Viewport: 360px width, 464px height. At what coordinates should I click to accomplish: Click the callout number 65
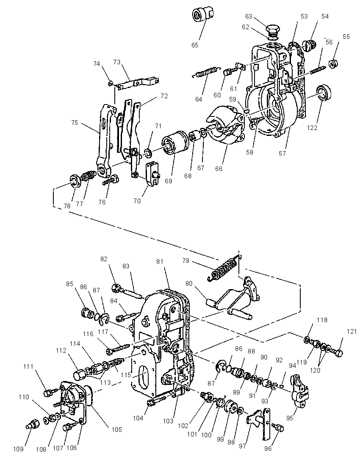(x=194, y=45)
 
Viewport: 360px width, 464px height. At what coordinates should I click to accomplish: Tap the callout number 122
(x=312, y=127)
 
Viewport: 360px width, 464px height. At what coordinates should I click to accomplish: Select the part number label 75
(x=75, y=122)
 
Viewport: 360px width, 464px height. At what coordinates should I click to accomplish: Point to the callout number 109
(x=18, y=449)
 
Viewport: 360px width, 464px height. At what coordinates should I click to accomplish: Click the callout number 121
(x=352, y=332)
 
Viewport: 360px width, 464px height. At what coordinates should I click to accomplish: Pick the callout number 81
(x=160, y=262)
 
